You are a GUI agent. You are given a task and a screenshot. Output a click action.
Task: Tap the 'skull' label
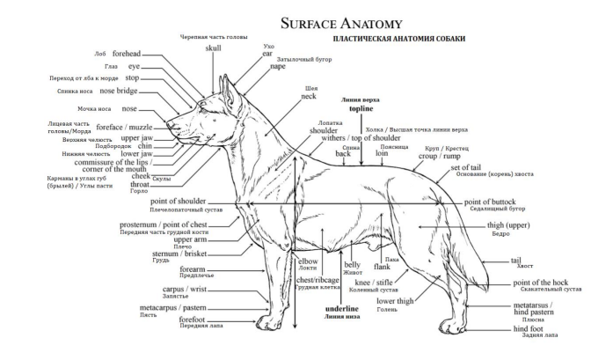[x=214, y=48]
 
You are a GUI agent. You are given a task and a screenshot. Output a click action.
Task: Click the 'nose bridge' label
[x=119, y=90]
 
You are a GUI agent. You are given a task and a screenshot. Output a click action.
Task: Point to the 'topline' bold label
[x=361, y=110]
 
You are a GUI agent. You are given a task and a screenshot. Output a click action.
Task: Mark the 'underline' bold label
[x=341, y=309]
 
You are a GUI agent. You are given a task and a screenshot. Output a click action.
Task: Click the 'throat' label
[x=140, y=185]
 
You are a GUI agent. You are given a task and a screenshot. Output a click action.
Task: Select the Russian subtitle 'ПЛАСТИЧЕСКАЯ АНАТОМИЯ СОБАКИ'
[x=398, y=40]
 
